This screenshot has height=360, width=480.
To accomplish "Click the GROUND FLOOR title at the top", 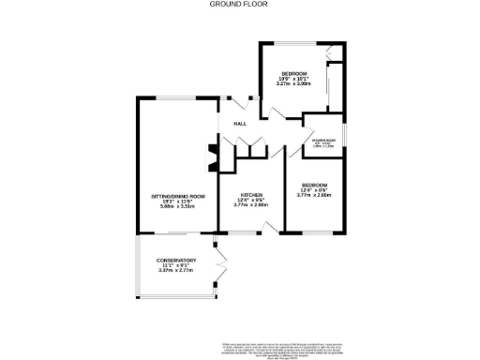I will tap(240, 4).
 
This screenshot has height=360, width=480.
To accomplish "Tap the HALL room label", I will tap(240, 124).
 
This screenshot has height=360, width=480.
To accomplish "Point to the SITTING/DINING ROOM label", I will tap(176, 196).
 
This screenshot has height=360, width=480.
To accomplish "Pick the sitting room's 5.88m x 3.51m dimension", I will tap(176, 207).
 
